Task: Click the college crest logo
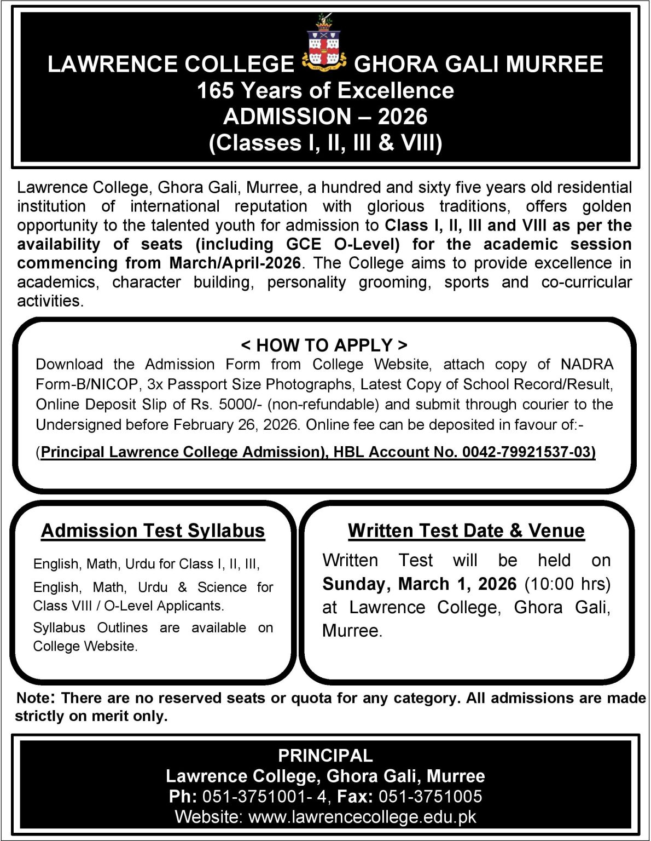point(324,47)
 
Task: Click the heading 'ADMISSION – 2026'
point(325,117)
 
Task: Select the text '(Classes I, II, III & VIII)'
point(325,143)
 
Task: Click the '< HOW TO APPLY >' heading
point(324,345)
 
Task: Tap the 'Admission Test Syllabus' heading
point(153,531)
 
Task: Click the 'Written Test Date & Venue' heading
point(466,531)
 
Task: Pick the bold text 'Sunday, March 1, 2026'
point(419,584)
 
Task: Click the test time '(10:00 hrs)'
point(567,584)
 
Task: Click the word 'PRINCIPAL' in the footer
point(325,756)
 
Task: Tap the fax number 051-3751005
point(430,797)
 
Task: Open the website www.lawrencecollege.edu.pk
point(362,817)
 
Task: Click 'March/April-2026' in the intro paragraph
point(235,263)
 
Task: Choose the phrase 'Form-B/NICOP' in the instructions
point(86,384)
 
